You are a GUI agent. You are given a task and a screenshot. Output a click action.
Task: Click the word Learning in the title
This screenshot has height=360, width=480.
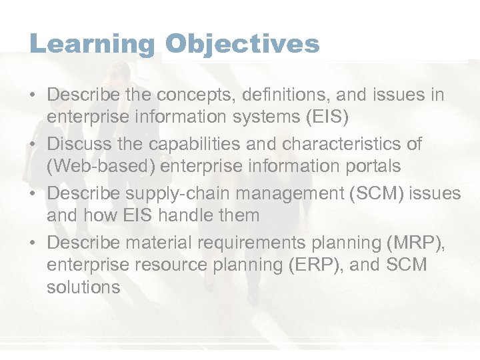91,45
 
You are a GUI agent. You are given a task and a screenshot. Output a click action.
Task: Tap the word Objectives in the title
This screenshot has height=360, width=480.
242,45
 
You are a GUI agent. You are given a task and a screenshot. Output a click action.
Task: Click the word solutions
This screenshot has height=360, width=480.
83,287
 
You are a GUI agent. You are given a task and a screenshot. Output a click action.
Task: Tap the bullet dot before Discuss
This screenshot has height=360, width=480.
33,144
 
